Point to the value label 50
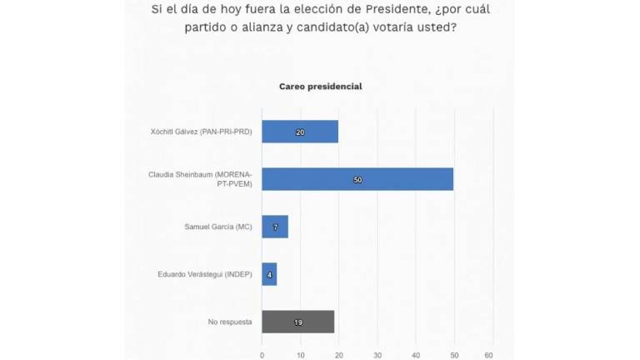(x=357, y=179)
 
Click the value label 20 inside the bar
(x=300, y=132)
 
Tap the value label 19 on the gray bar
(x=297, y=322)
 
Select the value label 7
(x=275, y=227)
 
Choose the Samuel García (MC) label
(x=217, y=227)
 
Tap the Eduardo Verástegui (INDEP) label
(x=204, y=274)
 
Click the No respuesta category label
(x=229, y=322)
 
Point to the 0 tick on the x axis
(x=262, y=354)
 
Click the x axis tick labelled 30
(x=377, y=354)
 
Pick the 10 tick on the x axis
(x=301, y=354)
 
